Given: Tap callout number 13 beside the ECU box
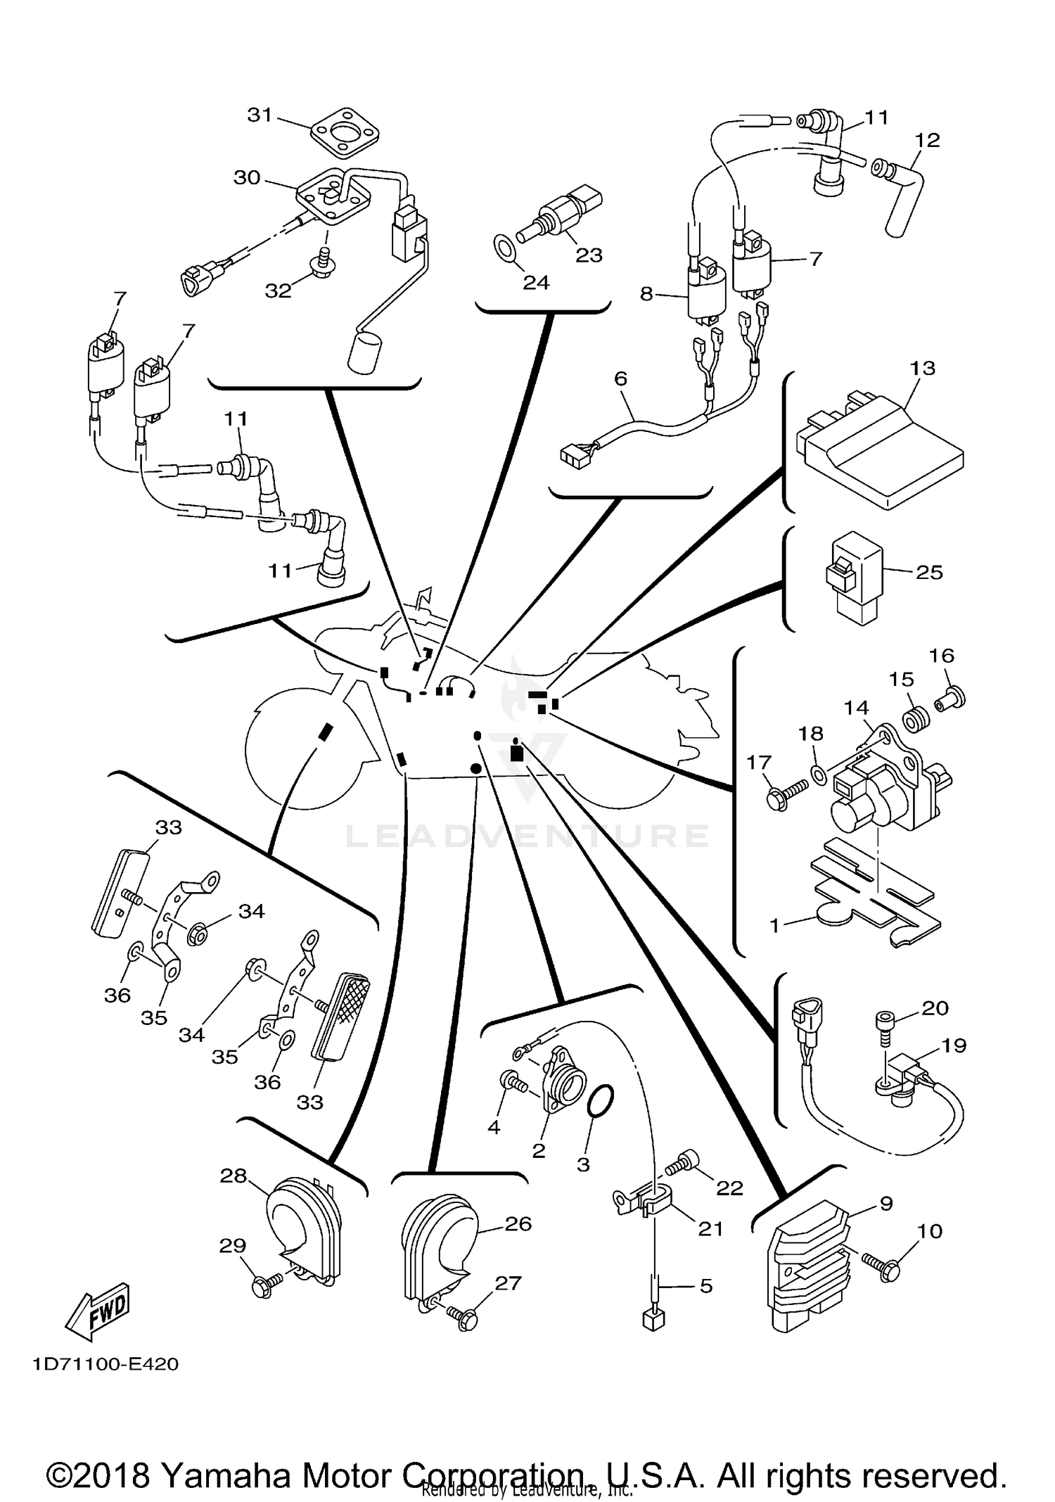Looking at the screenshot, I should click(x=922, y=368).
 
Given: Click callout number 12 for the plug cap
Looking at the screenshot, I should click(x=927, y=140).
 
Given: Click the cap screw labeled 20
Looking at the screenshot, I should click(x=885, y=1024).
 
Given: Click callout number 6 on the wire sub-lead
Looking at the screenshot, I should click(x=620, y=378).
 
